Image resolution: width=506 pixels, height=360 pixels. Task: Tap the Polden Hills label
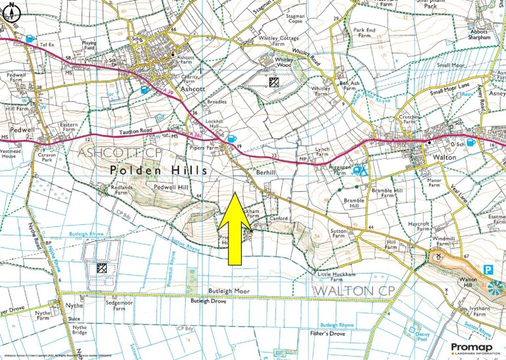tap(159, 170)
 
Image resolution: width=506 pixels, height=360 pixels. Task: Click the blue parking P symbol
tap(488, 269)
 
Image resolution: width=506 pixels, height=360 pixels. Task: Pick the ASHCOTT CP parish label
tap(120, 152)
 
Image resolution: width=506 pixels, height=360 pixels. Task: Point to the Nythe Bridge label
tap(79, 330)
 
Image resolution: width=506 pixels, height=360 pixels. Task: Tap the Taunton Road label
tap(136, 131)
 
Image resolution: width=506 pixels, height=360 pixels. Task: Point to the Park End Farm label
tap(364, 33)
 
